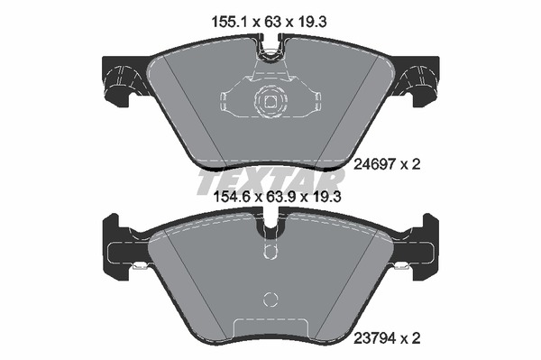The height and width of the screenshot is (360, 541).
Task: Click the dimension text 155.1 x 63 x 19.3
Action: (x=269, y=22)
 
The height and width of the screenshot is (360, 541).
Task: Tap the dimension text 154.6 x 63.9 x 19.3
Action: (x=278, y=197)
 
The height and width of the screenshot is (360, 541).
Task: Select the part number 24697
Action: (x=375, y=164)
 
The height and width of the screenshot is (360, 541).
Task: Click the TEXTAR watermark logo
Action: (x=270, y=180)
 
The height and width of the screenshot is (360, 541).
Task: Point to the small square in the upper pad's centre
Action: (x=270, y=102)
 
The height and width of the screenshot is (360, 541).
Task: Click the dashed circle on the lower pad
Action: (x=270, y=299)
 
